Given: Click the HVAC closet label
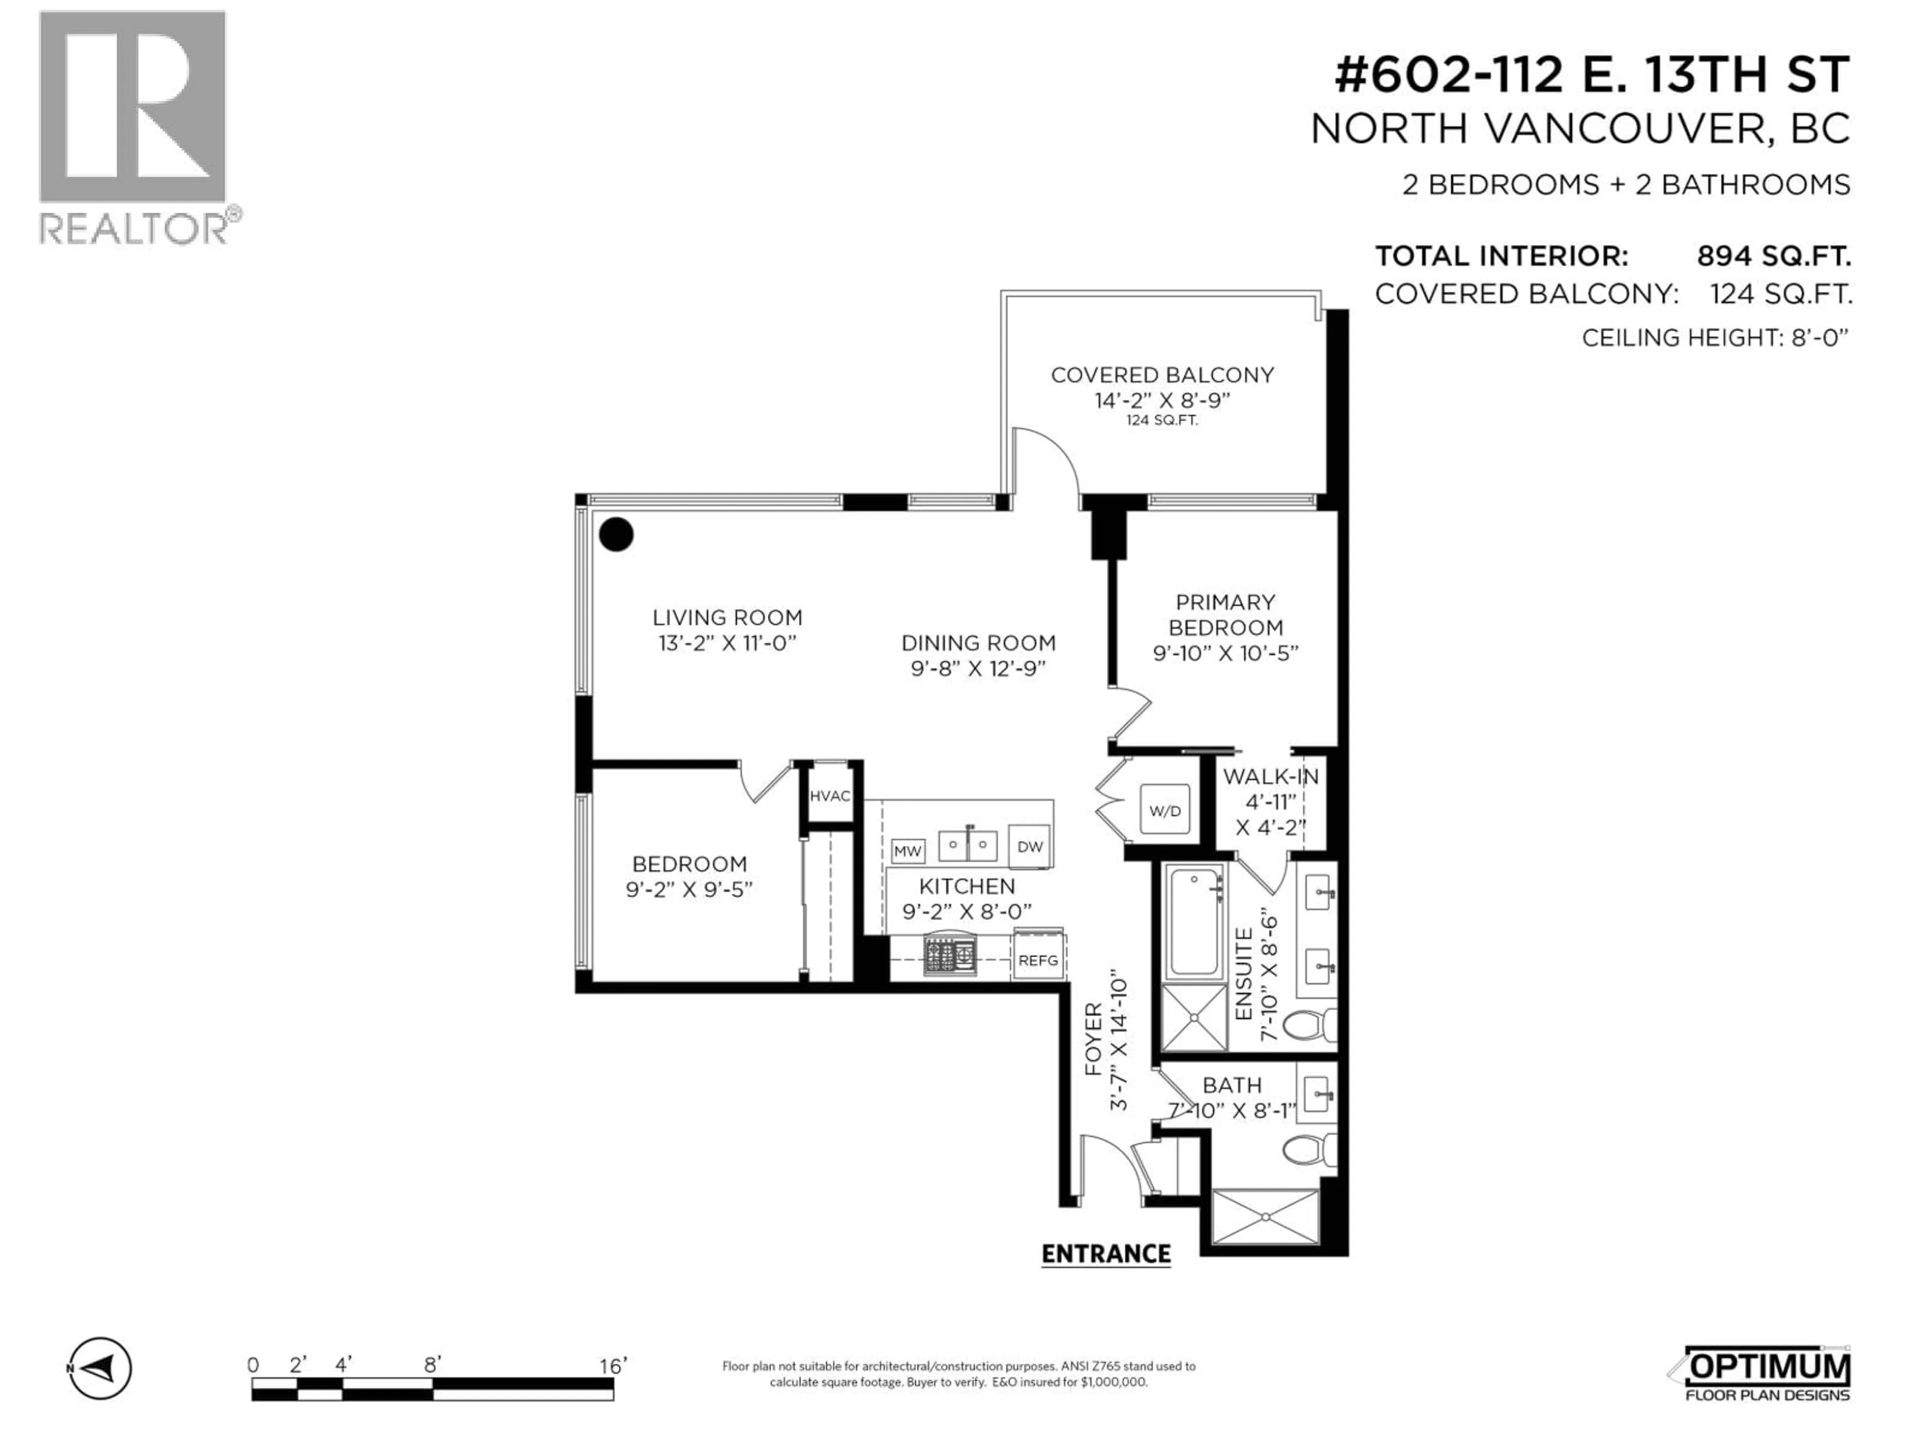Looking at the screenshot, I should tap(829, 795).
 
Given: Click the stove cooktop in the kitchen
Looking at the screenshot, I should tap(949, 956).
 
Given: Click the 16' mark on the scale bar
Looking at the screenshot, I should tap(612, 1365).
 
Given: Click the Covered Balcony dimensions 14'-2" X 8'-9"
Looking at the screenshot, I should tap(1162, 401).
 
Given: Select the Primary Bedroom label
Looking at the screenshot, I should tap(1225, 614).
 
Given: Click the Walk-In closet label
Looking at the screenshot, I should tap(1270, 776).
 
